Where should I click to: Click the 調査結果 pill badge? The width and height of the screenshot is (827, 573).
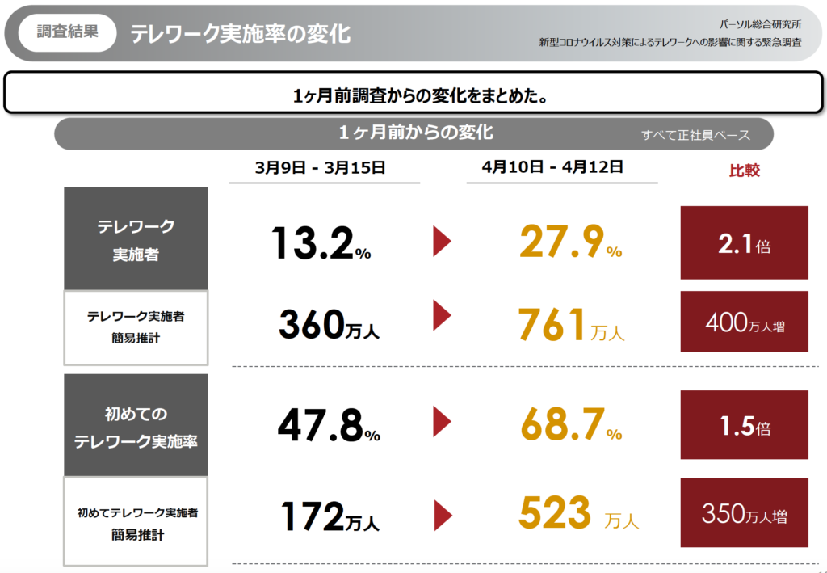coord(68,33)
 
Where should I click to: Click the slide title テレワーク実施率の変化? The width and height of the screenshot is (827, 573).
coord(240,34)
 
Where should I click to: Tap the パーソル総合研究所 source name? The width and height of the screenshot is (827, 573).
coord(761,24)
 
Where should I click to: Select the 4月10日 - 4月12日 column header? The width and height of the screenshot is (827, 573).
coord(552,167)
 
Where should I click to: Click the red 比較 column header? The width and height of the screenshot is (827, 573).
coord(744,171)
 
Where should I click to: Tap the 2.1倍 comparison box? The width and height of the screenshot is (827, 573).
coord(744,243)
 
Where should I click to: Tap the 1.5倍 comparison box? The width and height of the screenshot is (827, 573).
coord(744,425)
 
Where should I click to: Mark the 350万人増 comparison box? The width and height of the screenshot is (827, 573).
coord(744,515)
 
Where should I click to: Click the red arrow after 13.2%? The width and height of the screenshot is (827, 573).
coord(442,242)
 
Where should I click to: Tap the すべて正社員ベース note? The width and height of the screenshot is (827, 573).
coord(695,135)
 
